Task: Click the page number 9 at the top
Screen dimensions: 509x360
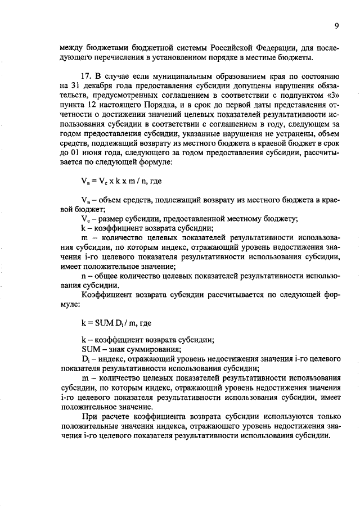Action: (336, 26)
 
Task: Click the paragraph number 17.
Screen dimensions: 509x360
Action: (87, 76)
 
